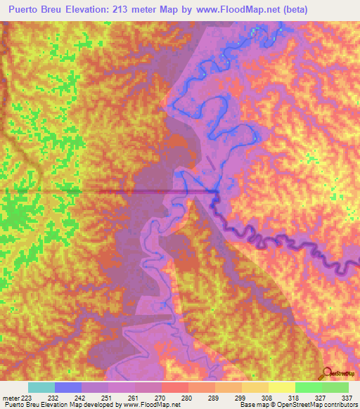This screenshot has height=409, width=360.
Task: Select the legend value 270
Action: (148, 397)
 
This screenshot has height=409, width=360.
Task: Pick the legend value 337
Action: (347, 397)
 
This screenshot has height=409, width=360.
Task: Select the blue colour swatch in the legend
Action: (67, 387)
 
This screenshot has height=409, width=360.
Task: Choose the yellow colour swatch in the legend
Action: (281, 387)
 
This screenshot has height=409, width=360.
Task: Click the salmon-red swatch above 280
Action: (174, 387)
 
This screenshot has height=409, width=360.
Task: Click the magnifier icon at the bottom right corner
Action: (328, 372)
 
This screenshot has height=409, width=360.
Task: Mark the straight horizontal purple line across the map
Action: (155, 190)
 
